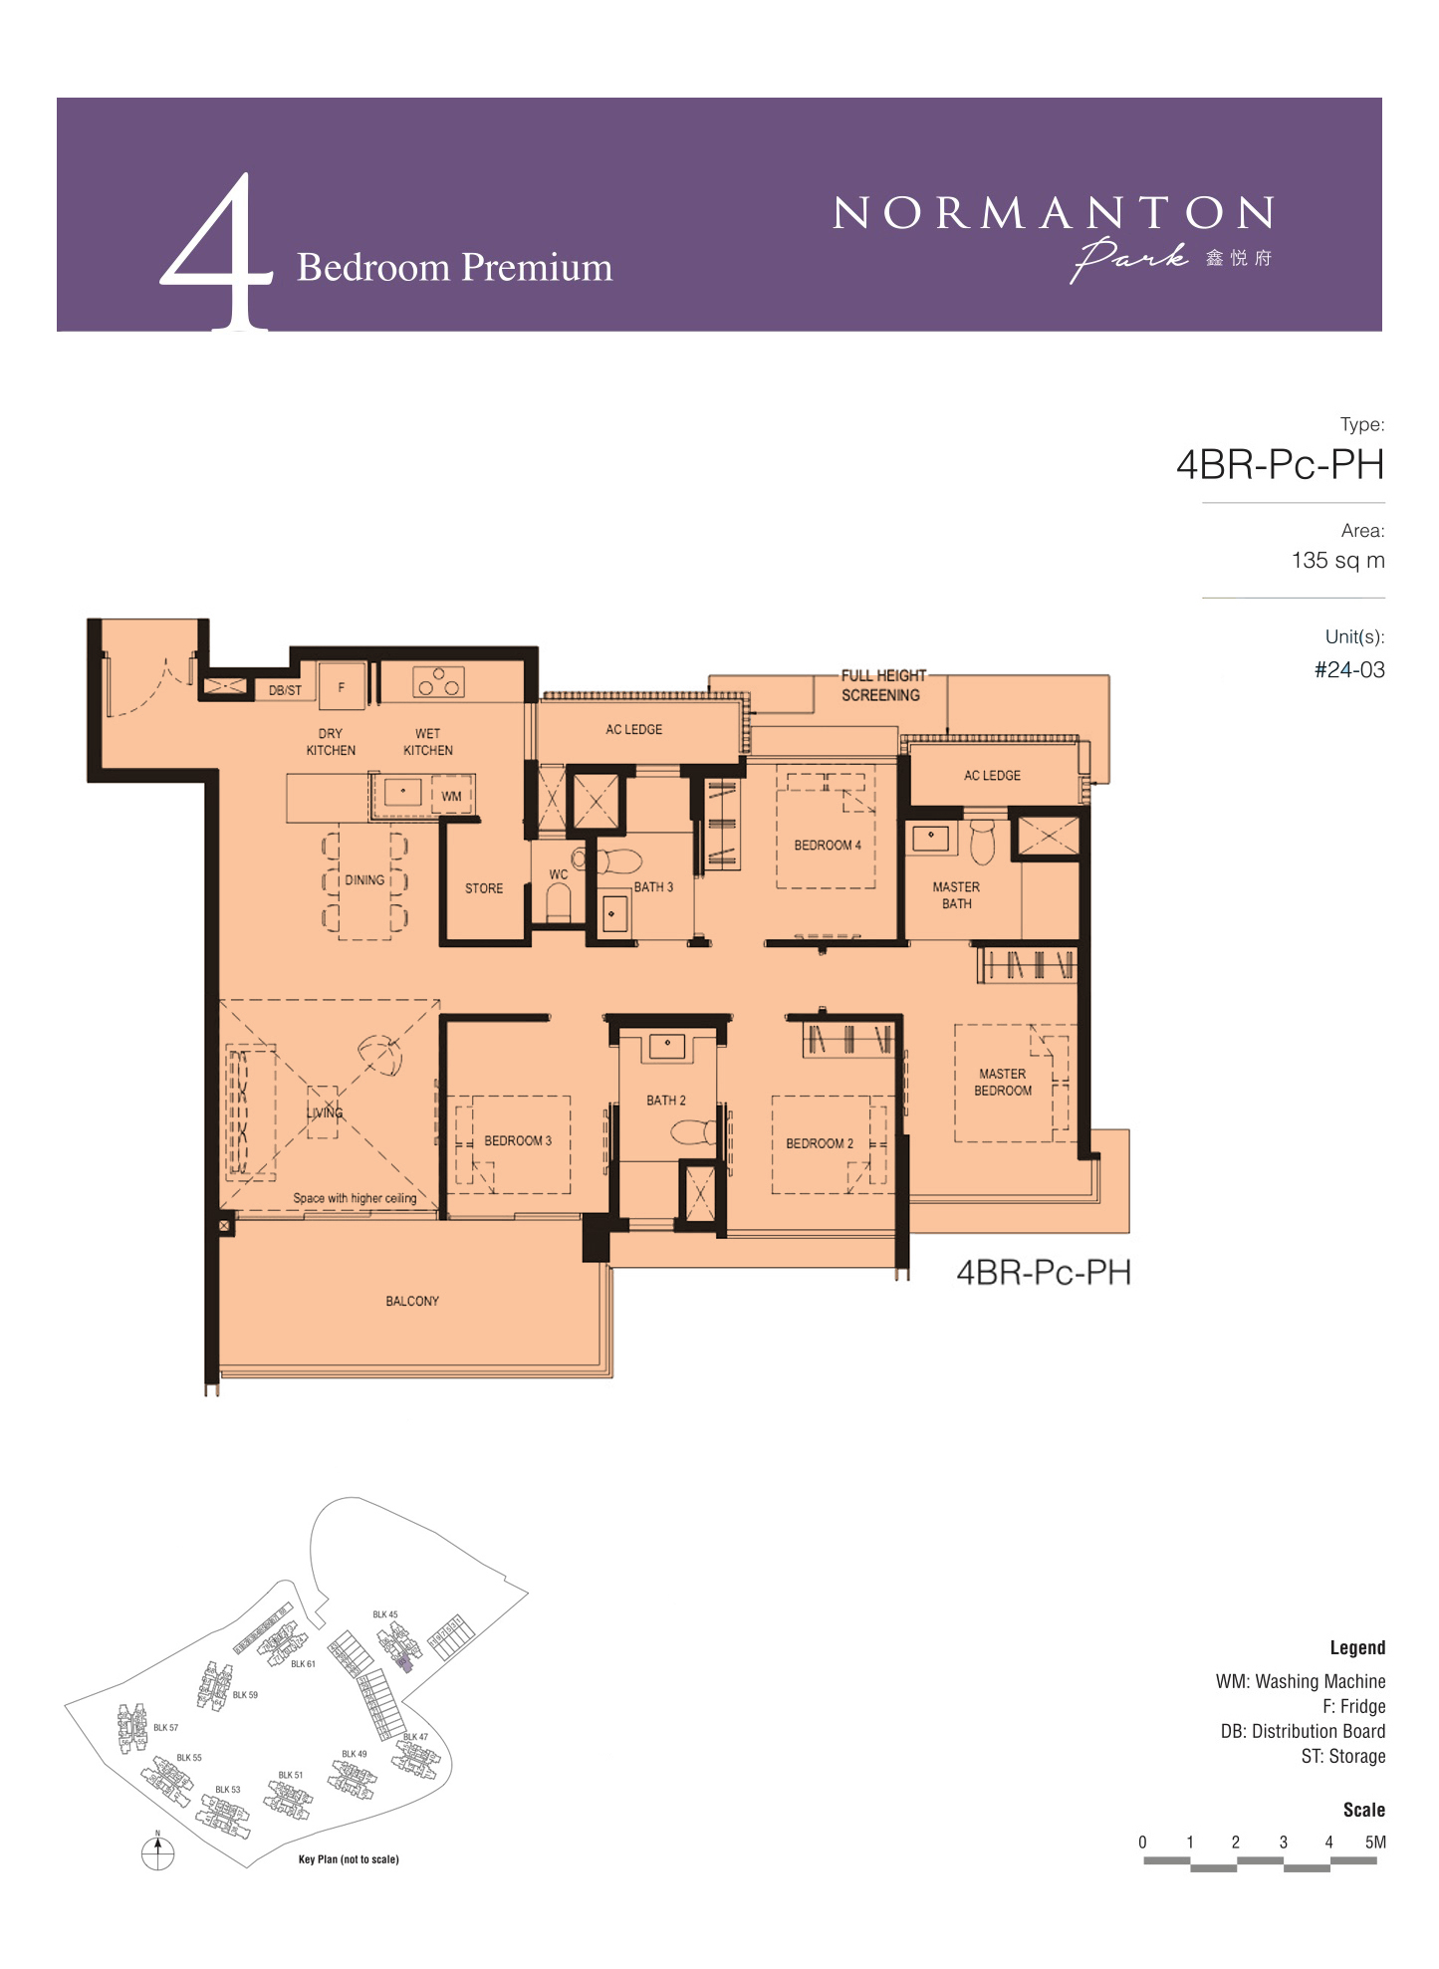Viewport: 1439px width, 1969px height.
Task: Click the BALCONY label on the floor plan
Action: [412, 1301]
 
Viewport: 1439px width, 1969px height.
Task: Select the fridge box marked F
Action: [342, 686]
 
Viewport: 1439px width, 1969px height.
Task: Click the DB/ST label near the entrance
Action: [285, 690]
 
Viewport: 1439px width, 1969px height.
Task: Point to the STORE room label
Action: [484, 888]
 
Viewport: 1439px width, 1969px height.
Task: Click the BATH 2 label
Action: [666, 1101]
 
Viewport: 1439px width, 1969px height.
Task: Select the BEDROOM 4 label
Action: [828, 846]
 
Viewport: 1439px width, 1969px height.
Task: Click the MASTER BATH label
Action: [956, 895]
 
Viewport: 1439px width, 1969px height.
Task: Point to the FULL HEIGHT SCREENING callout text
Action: [883, 685]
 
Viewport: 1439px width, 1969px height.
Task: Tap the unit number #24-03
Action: [1349, 670]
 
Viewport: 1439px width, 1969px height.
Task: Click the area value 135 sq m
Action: [1337, 561]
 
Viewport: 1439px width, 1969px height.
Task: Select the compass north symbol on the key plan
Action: [157, 1851]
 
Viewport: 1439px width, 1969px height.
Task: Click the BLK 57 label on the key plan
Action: [165, 1728]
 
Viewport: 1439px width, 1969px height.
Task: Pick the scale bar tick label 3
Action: [1283, 1843]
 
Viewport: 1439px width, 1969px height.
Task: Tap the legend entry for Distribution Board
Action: [1303, 1732]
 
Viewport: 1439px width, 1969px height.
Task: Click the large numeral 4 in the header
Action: [217, 251]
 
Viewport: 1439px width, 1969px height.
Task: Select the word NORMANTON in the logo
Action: [1053, 212]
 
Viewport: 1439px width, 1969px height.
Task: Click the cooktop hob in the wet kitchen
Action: [438, 682]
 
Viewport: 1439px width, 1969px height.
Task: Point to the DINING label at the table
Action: [364, 880]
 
